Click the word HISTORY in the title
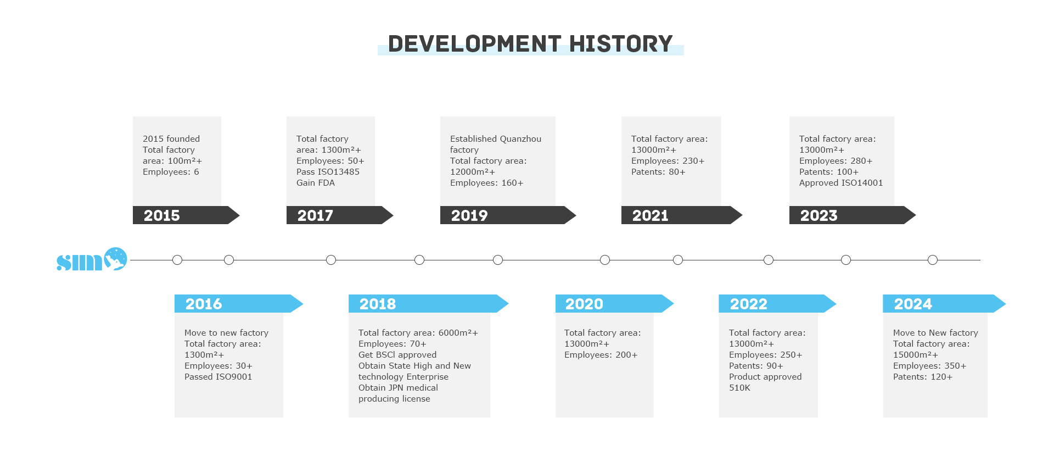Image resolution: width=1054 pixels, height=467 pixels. pos(621,44)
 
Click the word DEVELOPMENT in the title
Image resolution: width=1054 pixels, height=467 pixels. pos(474,44)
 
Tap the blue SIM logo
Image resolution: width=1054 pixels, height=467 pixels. pos(92,259)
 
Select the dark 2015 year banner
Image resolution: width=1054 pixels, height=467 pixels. pos(186,215)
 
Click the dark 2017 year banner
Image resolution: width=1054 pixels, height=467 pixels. pos(340,215)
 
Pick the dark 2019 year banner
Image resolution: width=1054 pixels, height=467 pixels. pos(508,215)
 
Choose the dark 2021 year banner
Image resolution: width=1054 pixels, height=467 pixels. pos(682,215)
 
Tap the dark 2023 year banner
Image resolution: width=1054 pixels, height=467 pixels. pos(853,215)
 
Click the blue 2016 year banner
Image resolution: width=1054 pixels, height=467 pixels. pos(239,304)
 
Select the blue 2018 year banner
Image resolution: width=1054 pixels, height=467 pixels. pos(428,304)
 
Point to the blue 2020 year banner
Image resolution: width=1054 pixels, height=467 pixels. pos(614,304)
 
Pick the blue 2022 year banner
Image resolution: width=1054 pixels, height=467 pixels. pos(777,304)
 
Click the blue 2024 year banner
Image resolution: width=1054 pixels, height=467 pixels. pos(944,304)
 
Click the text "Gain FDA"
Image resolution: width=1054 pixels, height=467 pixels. pos(316,183)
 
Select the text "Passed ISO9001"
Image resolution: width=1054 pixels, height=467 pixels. pos(218,377)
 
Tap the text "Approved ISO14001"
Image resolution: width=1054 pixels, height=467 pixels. pos(841,183)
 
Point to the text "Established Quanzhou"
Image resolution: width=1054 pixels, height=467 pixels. pos(496,139)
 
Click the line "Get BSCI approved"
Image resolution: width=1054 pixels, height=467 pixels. pos(397,355)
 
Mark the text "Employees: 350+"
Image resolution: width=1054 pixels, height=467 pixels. pos(930,366)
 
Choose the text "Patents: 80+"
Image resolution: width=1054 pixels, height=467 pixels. pos(658,172)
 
